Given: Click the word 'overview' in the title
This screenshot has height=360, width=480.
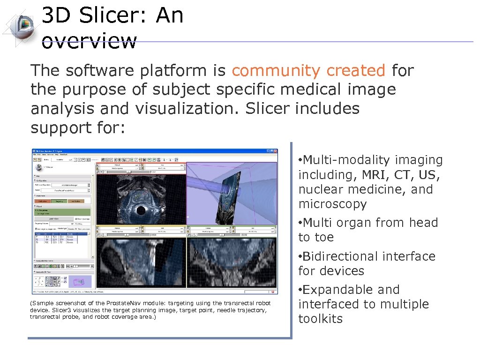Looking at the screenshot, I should pos(89,41).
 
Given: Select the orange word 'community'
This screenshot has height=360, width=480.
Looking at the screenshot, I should pos(276,71).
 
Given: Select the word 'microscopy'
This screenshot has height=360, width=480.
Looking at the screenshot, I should pos(332,204).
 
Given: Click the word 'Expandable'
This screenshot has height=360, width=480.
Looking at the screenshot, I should pos(335,290).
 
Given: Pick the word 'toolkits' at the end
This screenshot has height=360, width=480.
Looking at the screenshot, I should pos(320,319).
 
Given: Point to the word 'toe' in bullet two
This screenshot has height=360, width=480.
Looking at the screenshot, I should pos(324,238).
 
